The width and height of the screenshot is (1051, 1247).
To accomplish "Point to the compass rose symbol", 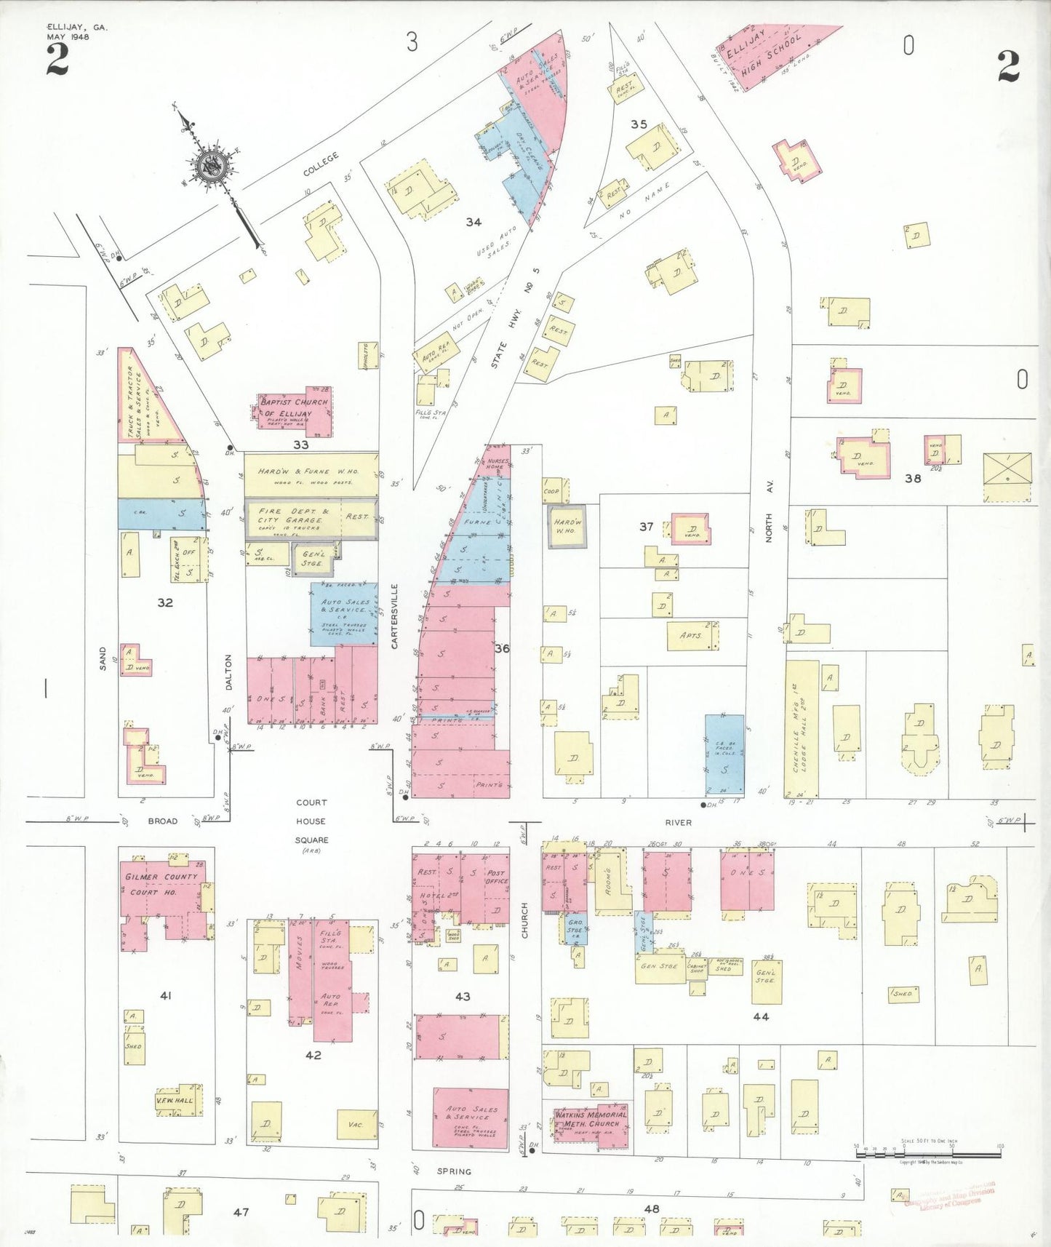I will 212,167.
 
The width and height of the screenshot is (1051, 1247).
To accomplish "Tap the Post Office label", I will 496,877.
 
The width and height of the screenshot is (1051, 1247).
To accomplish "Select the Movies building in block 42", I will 300,971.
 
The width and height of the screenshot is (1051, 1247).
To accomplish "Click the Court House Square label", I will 311,821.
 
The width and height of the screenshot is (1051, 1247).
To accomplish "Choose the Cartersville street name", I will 395,616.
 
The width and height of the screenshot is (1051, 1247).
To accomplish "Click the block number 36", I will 502,648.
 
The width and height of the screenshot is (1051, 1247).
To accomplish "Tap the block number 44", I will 761,1016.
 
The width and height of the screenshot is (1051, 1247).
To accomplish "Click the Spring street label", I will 454,1171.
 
